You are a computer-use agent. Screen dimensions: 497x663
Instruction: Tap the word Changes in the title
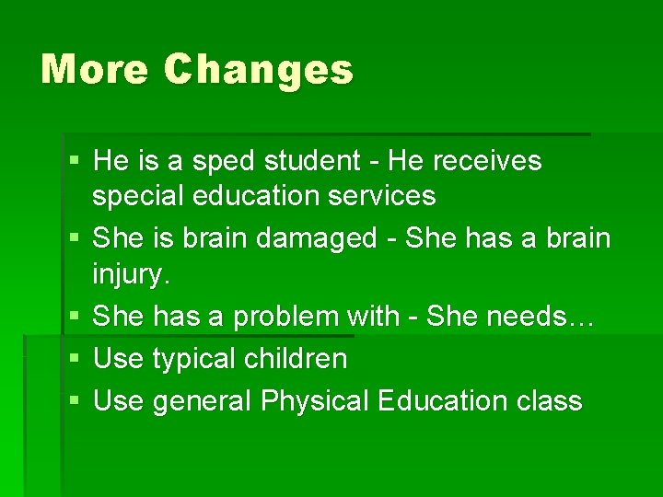(259, 70)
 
